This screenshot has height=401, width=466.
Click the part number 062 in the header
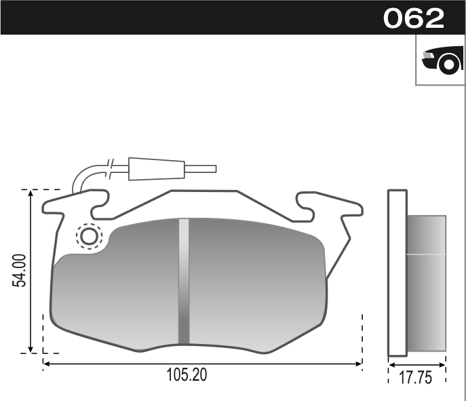click(413, 18)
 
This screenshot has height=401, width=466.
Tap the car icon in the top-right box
click(442, 60)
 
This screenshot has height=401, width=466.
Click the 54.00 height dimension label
click(20, 271)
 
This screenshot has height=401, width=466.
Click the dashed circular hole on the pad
click(89, 237)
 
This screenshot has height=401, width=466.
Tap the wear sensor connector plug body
click(156, 168)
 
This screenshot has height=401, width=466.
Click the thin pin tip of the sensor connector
click(200, 168)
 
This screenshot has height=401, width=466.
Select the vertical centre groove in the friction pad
click(184, 281)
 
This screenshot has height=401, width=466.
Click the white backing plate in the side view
click(397, 273)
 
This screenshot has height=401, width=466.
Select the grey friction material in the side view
click(426, 283)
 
